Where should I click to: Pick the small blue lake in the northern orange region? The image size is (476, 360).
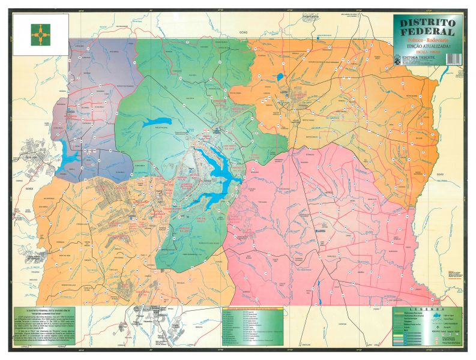pyautogui.click(x=279, y=76)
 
